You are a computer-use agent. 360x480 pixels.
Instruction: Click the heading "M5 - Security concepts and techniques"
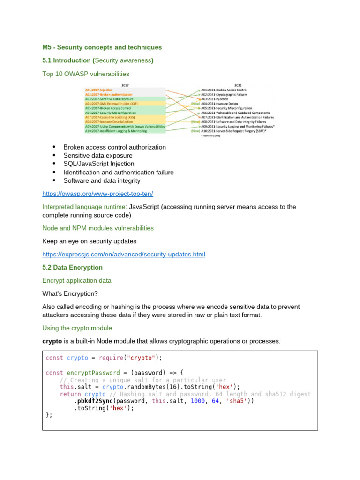click(102, 47)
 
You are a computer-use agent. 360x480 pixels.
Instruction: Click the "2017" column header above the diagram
click(125, 85)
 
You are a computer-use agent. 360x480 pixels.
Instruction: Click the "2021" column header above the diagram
click(238, 85)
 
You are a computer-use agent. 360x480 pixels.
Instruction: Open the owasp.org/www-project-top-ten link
click(97, 194)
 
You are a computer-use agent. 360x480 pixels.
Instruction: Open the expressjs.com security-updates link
click(124, 255)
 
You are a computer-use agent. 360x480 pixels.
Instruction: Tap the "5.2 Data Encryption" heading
click(72, 267)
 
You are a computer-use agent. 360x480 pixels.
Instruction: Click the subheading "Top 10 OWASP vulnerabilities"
click(86, 74)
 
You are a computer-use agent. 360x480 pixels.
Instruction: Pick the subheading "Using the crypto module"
click(77, 328)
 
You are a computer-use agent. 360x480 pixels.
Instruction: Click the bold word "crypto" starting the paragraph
click(52, 341)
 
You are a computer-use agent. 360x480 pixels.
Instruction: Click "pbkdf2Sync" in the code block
click(95, 401)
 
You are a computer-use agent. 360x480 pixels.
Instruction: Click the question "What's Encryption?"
click(70, 293)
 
